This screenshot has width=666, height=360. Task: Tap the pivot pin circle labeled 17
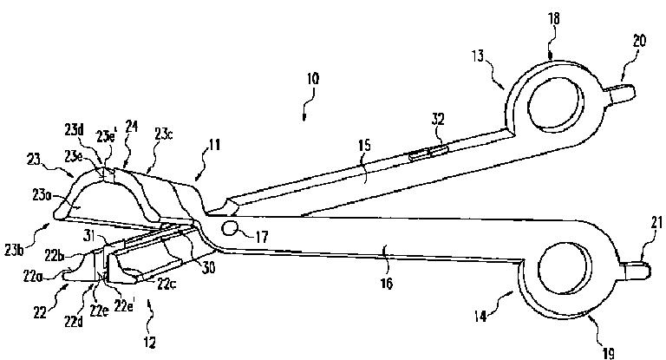tap(231, 228)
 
